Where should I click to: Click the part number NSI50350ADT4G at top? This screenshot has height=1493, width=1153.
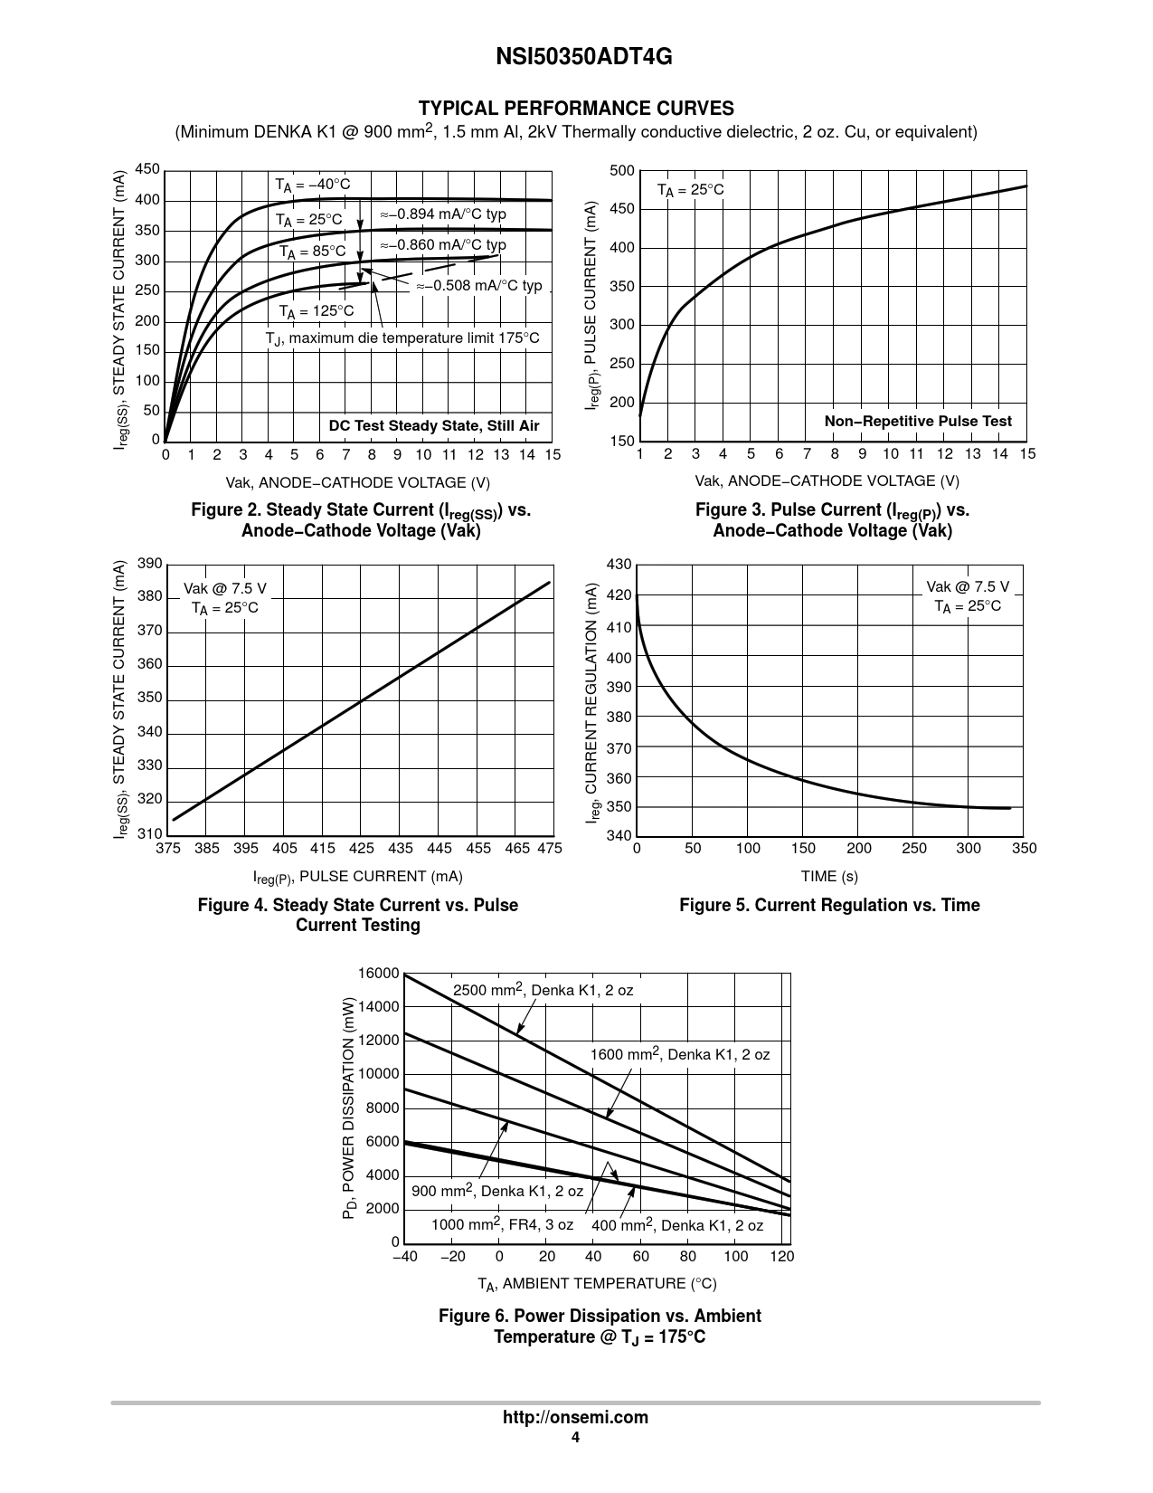tap(575, 57)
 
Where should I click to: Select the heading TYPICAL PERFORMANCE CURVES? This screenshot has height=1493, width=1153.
tap(575, 109)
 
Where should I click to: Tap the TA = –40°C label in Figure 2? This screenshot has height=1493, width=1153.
tap(313, 185)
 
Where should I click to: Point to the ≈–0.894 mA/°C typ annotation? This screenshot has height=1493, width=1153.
tap(443, 214)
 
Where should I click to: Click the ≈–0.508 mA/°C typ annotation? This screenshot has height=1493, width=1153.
tap(479, 285)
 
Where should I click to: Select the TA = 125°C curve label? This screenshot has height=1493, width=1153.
tap(317, 311)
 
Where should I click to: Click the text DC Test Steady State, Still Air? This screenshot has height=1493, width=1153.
tap(434, 426)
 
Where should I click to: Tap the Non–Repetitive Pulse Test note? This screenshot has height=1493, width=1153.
tap(918, 422)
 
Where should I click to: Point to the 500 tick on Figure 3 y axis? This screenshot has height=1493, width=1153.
tap(622, 171)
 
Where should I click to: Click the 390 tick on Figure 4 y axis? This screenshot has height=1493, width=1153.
tap(150, 565)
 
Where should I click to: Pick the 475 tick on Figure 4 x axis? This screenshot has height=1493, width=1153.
tap(549, 849)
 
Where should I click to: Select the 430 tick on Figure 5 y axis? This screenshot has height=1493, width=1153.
tap(619, 565)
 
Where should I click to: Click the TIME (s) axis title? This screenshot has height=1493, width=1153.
tap(829, 876)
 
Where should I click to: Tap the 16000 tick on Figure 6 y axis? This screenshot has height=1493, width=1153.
tap(378, 974)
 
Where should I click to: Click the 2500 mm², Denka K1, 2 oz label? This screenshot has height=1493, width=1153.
tap(543, 990)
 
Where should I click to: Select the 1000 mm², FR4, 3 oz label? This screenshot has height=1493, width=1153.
tap(502, 1224)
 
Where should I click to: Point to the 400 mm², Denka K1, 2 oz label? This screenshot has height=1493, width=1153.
tap(677, 1225)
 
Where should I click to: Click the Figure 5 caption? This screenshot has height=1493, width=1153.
tap(829, 905)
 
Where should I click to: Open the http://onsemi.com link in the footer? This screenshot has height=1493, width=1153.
tap(575, 1418)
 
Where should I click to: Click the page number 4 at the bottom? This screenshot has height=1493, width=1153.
tap(575, 1438)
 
